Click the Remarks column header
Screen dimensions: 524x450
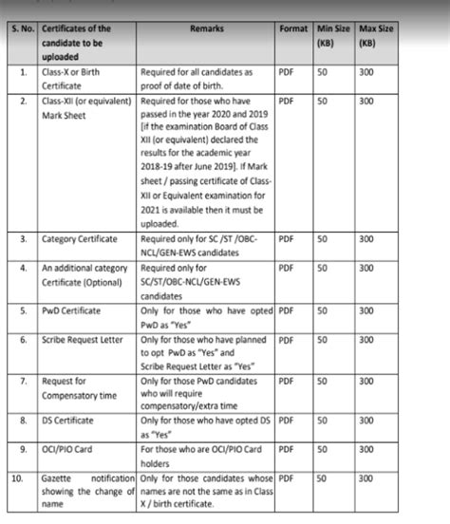(x=206, y=30)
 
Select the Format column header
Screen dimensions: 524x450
(x=293, y=30)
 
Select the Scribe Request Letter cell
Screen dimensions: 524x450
(x=85, y=339)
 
